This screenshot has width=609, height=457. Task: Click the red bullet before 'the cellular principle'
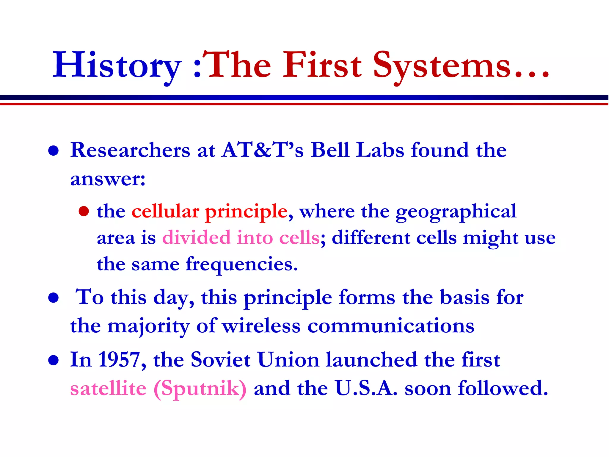click(x=84, y=211)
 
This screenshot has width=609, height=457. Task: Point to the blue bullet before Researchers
click(x=54, y=151)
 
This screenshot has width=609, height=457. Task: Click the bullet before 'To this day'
click(x=54, y=298)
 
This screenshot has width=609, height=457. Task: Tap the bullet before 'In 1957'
click(x=54, y=360)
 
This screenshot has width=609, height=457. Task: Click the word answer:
click(x=108, y=179)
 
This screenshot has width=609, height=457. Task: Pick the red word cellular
click(x=165, y=211)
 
